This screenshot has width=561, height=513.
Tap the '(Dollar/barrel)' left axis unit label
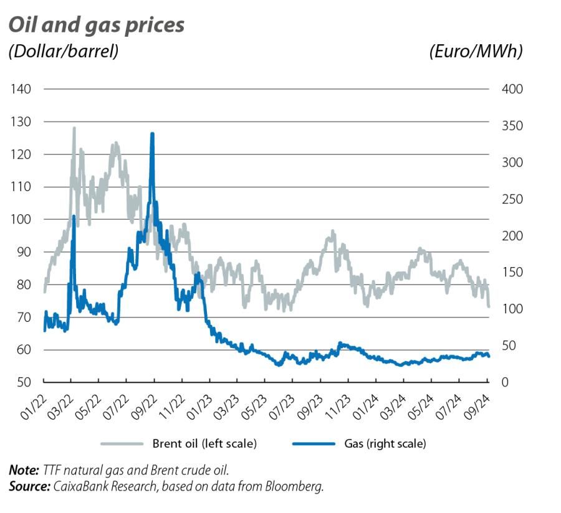click(63, 52)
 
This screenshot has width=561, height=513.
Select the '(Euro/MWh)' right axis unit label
click(476, 52)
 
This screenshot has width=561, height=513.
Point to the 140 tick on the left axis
click(21, 89)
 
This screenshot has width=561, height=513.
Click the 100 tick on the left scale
click(21, 219)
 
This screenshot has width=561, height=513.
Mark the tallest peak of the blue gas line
click(152, 134)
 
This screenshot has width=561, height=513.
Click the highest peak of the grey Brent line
click(74, 128)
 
